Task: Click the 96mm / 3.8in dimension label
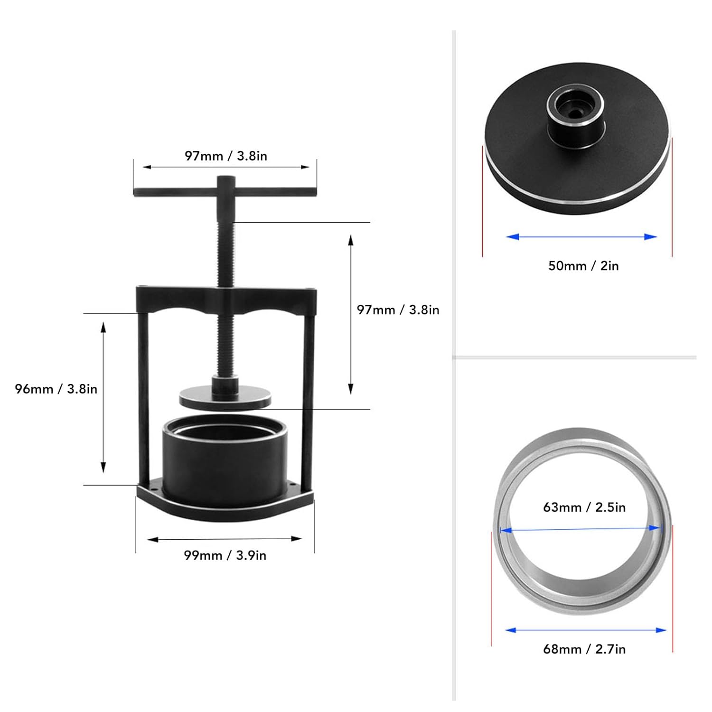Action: coord(56,389)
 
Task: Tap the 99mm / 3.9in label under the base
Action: coord(225,555)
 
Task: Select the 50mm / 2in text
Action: coord(583,266)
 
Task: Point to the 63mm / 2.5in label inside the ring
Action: coord(584,507)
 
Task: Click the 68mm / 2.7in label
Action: coord(584,649)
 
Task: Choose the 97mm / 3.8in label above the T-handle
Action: coord(226,156)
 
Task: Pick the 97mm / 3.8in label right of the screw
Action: coord(398,310)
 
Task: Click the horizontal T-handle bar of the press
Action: coord(225,192)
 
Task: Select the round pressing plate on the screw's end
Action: coord(225,397)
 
